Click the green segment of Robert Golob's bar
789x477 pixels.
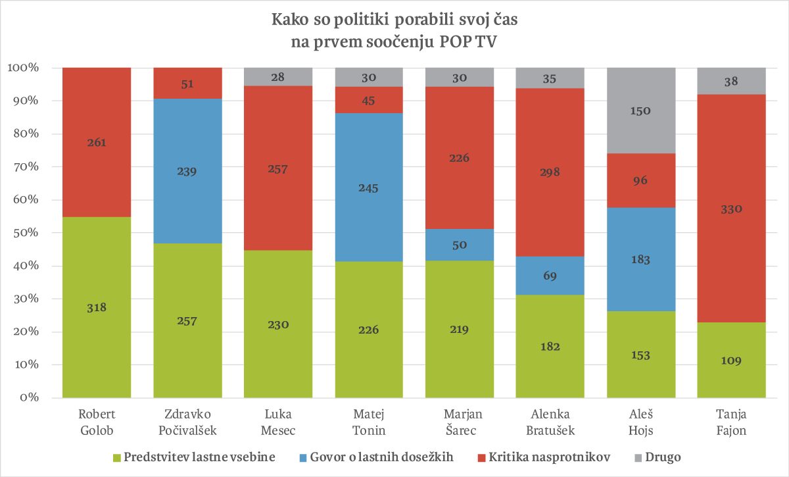click(x=96, y=307)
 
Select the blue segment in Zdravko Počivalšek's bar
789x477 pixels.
click(x=187, y=171)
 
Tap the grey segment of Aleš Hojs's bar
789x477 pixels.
click(x=640, y=111)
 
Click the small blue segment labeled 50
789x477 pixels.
click(x=459, y=245)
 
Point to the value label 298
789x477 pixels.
click(x=550, y=171)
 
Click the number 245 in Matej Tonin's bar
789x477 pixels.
click(x=368, y=188)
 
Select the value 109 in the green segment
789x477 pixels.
click(x=731, y=361)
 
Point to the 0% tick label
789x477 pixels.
click(x=29, y=398)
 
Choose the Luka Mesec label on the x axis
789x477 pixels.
click(x=277, y=422)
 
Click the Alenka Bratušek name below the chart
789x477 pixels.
click(x=550, y=422)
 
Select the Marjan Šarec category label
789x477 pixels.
click(x=459, y=422)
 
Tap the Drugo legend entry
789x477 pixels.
click(x=662, y=456)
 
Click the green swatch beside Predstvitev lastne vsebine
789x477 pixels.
click(x=117, y=456)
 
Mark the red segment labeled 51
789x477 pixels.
click(x=187, y=84)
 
